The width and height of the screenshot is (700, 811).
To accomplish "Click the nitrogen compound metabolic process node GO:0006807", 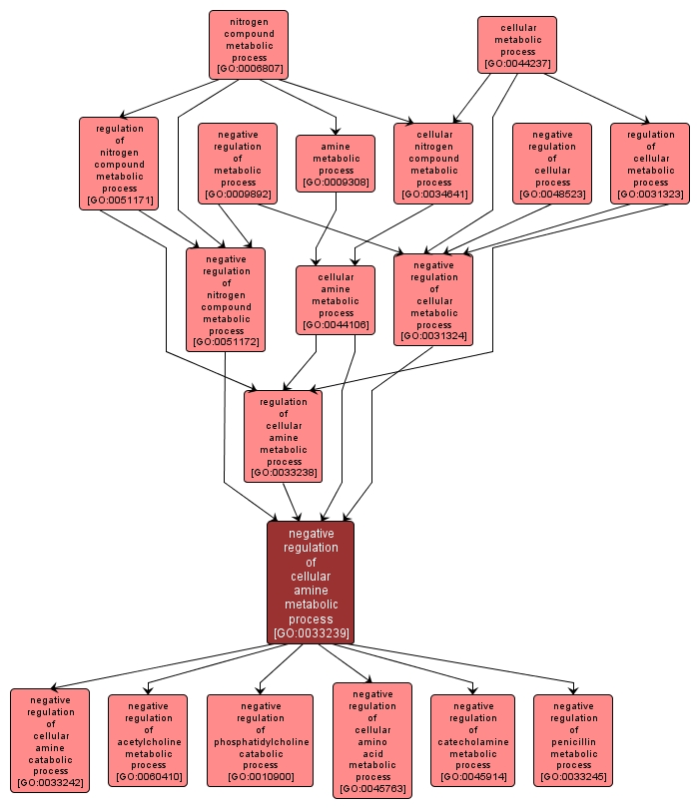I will [x=249, y=45].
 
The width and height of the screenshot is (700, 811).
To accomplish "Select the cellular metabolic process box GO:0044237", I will [x=516, y=45].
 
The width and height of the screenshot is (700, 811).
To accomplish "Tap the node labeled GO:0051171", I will [x=119, y=164].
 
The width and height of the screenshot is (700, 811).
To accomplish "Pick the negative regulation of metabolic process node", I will [x=238, y=164].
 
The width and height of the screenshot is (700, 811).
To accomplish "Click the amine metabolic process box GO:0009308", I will [x=336, y=163].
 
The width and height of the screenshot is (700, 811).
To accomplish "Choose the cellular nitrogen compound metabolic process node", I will [x=433, y=164].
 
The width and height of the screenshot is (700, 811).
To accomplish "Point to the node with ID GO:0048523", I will [x=552, y=164].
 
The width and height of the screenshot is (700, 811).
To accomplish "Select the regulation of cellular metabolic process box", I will [x=650, y=164].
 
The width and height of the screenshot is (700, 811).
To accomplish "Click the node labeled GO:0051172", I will [x=226, y=300].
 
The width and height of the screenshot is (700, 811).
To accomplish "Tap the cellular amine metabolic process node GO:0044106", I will [x=336, y=300].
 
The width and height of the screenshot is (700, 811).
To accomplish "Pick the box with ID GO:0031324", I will [x=433, y=300].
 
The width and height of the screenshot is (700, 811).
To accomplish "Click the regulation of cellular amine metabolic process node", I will [x=284, y=437].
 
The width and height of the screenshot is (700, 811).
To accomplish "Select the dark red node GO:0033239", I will [x=311, y=583].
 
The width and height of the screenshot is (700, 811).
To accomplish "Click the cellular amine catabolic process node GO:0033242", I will [x=50, y=740].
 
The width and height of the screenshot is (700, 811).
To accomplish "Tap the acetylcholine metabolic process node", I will [x=148, y=740].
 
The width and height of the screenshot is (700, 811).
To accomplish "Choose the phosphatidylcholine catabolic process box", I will [x=260, y=740].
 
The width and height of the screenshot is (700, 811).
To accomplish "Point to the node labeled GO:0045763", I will [x=372, y=740].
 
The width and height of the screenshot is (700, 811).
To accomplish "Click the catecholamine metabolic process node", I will [x=472, y=740].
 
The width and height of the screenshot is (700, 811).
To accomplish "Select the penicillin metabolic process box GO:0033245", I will [x=573, y=740].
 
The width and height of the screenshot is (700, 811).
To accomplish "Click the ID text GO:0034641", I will [x=433, y=195].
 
